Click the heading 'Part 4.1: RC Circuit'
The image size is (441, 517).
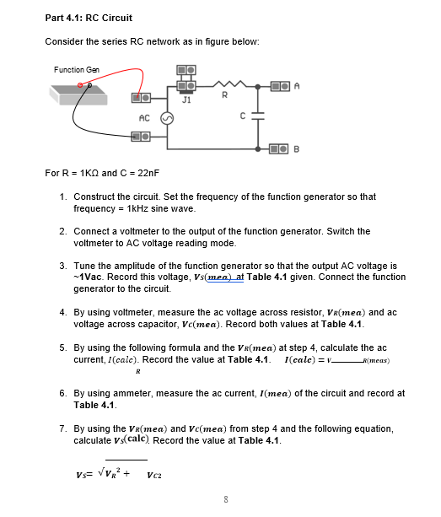[88, 18]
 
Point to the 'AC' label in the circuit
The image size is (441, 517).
[143, 117]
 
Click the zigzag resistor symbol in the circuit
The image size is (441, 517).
[225, 85]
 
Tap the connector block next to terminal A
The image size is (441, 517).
[281, 84]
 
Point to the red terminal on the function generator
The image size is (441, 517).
[82, 85]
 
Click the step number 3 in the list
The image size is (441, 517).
[63, 265]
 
